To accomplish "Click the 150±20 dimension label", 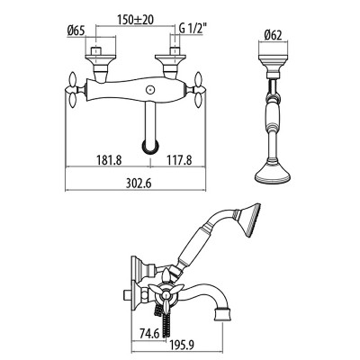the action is (x=135, y=20).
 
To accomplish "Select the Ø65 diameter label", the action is (x=76, y=31).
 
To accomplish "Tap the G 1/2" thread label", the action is (x=193, y=29).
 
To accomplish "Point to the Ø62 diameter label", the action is (x=274, y=36).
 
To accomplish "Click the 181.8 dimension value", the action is (x=109, y=160).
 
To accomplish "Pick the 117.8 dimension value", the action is (x=179, y=160).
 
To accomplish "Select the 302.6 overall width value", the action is (x=139, y=184).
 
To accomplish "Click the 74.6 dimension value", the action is (x=149, y=334).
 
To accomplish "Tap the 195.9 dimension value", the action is (x=183, y=345).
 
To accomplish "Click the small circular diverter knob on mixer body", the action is (x=149, y=90).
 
